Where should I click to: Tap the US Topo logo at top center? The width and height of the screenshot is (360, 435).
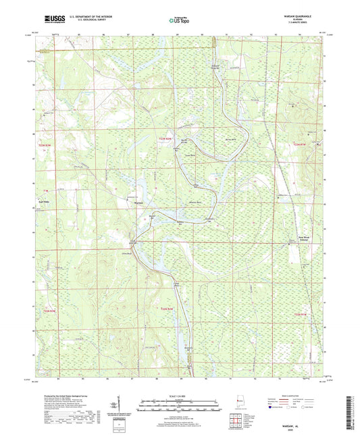[180, 20]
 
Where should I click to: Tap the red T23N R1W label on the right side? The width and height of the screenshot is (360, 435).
[301, 144]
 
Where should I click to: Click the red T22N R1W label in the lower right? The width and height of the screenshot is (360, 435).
[301, 315]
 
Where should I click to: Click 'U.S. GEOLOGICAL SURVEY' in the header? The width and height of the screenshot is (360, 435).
[85, 20]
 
